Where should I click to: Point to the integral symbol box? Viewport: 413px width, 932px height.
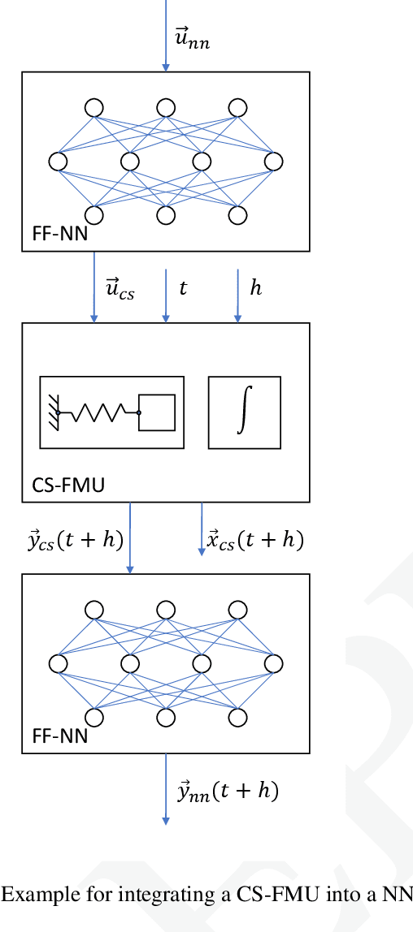pos(244,412)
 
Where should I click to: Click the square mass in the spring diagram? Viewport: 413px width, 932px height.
pos(157,413)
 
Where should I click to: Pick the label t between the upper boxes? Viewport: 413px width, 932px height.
pos(183,288)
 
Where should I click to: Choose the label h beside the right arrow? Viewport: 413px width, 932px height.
pos(255,288)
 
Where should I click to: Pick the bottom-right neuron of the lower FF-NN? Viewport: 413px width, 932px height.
pos(237,718)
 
